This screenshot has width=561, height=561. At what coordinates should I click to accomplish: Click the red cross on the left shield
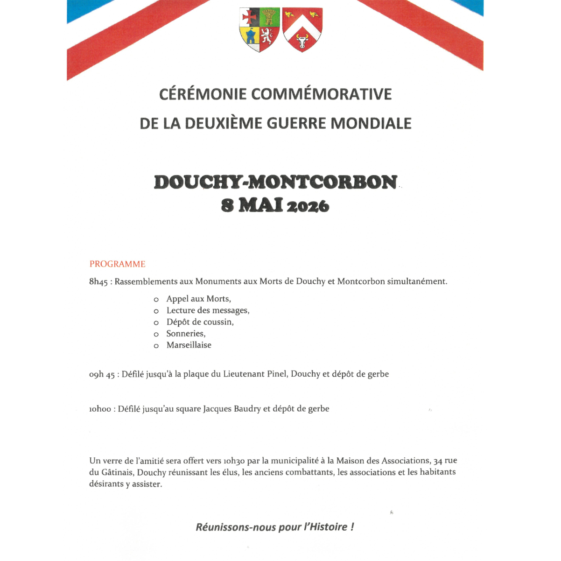(x=249, y=17)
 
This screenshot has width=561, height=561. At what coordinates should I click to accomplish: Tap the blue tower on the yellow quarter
(x=251, y=36)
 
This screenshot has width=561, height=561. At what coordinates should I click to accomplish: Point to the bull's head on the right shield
(x=302, y=41)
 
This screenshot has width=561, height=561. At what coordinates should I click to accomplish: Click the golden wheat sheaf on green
(x=269, y=17)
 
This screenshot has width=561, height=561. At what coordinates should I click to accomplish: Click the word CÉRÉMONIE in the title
(x=203, y=94)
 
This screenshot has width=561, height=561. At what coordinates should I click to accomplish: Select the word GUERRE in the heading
(x=296, y=123)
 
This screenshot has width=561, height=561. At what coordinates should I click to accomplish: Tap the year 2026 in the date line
(x=308, y=206)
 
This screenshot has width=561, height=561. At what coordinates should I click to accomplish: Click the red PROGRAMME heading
(x=118, y=264)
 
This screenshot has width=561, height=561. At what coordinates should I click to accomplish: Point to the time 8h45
(x=98, y=282)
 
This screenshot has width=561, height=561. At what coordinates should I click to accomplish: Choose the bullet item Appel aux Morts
(x=198, y=299)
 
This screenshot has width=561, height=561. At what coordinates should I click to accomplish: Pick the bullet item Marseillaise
(x=189, y=345)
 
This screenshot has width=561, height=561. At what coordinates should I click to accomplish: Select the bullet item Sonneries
(x=186, y=333)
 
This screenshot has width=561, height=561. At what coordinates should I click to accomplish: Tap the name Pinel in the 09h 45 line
(x=277, y=374)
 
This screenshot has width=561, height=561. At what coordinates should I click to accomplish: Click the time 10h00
(x=100, y=409)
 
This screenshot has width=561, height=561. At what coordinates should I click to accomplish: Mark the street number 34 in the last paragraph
(x=438, y=461)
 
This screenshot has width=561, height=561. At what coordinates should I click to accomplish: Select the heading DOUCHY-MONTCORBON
(x=275, y=182)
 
